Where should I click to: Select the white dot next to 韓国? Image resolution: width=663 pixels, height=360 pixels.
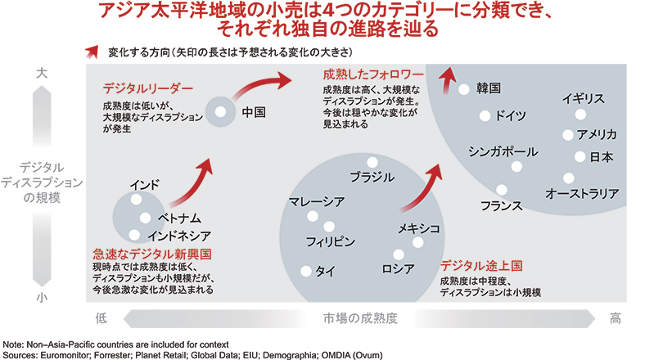coord(463,88)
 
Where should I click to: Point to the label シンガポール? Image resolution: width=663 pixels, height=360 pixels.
coord(503,151)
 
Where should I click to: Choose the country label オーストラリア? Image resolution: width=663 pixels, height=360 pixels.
coord(582,194)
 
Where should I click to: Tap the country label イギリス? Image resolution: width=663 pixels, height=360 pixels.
coord(583,98)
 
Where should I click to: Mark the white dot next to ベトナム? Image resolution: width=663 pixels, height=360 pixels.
coord(145,218)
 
